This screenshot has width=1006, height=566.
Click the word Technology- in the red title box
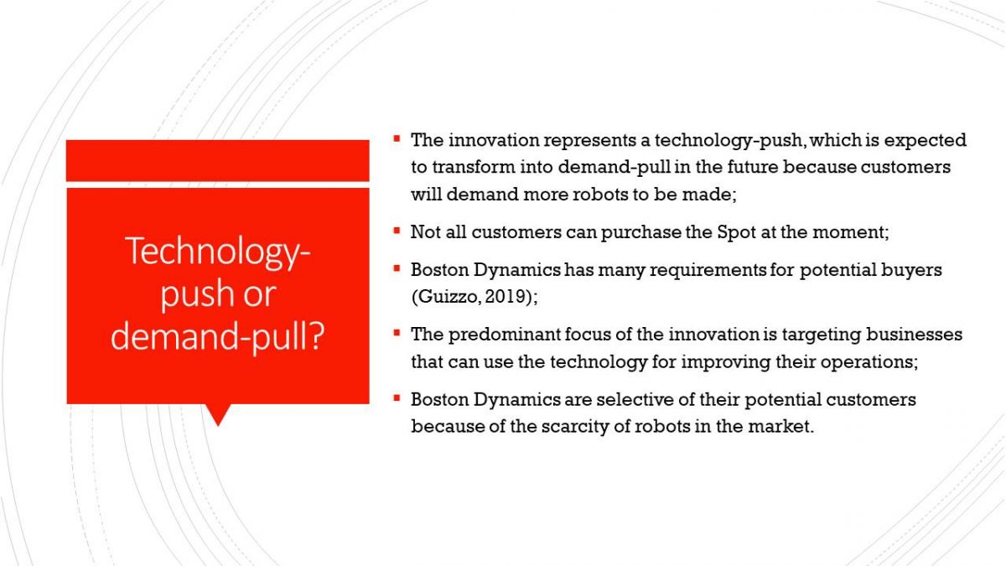218,252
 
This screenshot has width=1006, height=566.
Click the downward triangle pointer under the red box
218,414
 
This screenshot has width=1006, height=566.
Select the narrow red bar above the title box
218,160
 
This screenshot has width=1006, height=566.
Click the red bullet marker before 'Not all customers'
397,231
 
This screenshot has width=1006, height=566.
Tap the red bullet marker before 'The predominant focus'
397,333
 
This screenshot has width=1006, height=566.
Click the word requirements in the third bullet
708,270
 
